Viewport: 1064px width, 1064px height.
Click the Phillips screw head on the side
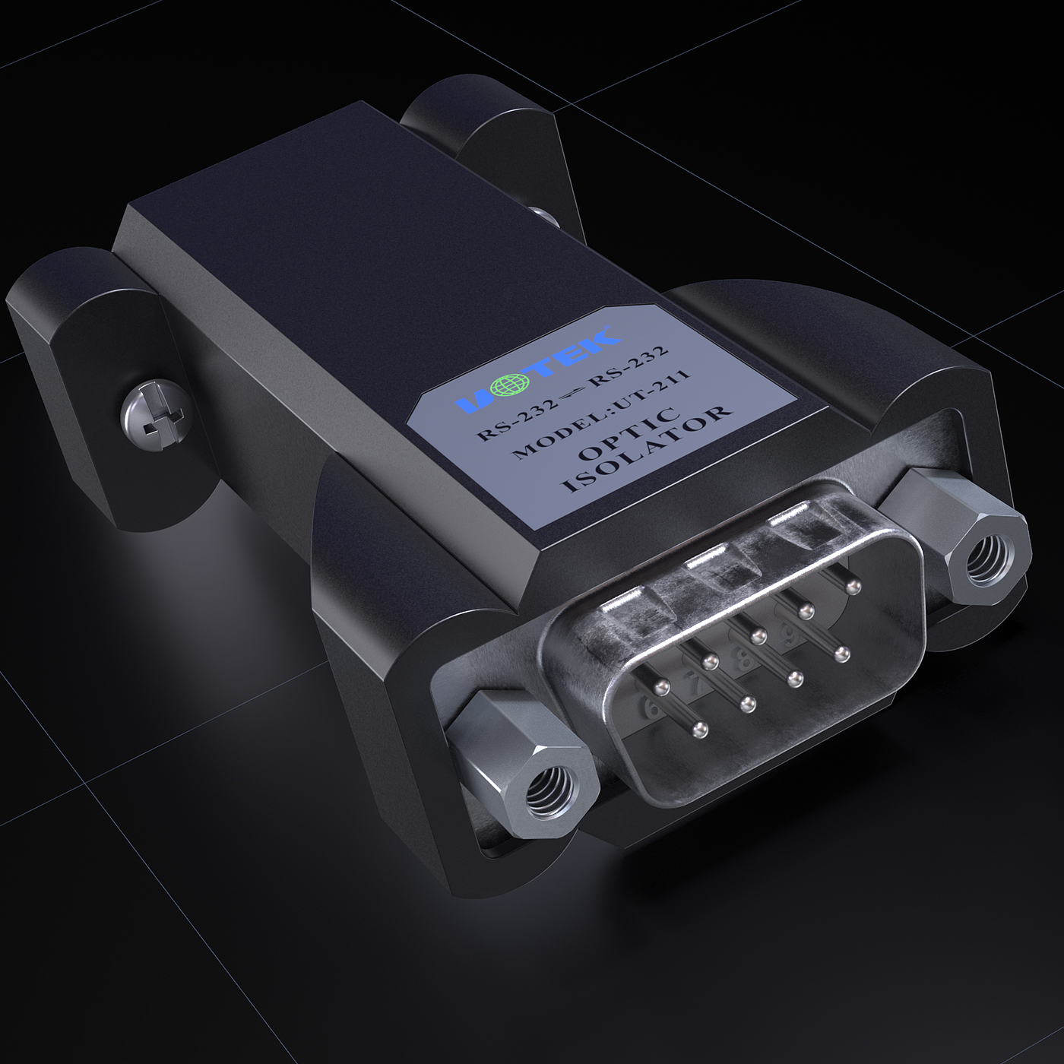[156, 411]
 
